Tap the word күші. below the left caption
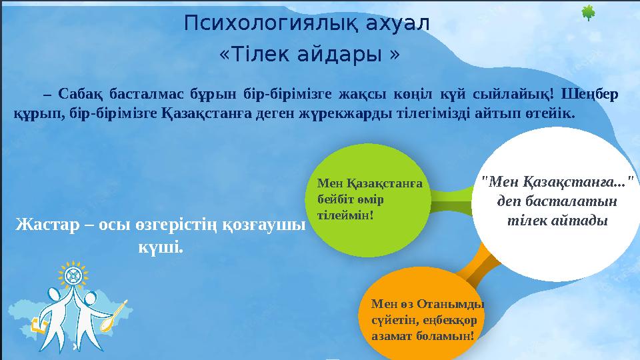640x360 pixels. tap(159, 247)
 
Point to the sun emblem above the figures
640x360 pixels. tap(73, 275)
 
